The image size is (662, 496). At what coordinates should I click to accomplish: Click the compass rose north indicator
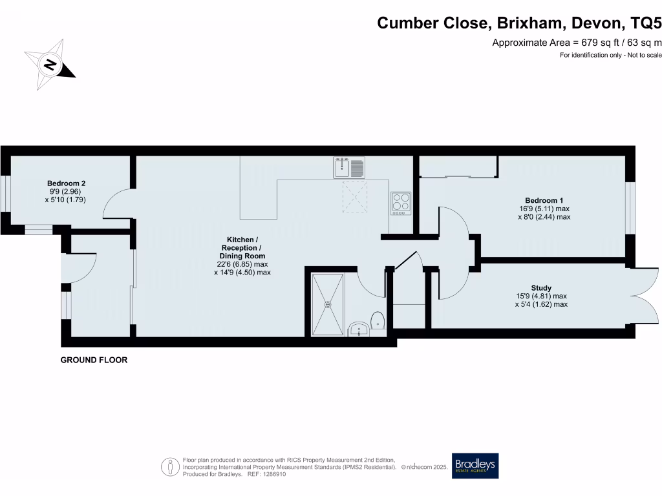click(50, 64)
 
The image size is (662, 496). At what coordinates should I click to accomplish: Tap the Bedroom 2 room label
click(66, 183)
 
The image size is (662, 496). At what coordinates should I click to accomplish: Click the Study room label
click(541, 288)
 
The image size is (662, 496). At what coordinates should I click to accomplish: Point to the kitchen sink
click(349, 167)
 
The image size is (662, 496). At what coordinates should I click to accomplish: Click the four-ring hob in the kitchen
click(400, 203)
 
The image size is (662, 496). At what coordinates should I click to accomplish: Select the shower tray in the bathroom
click(328, 304)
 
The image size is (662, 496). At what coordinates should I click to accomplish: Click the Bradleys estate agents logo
click(475, 466)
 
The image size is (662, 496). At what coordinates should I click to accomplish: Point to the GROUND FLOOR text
click(94, 360)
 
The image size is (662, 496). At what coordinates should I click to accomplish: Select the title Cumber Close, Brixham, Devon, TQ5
click(519, 23)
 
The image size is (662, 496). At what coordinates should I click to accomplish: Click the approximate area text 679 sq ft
click(577, 43)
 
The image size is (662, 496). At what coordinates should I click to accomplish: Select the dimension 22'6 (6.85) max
click(242, 264)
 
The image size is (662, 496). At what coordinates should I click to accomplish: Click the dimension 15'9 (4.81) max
click(541, 296)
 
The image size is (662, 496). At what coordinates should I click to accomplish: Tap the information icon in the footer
click(170, 466)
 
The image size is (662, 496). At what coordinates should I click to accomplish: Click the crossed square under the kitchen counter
click(355, 197)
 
